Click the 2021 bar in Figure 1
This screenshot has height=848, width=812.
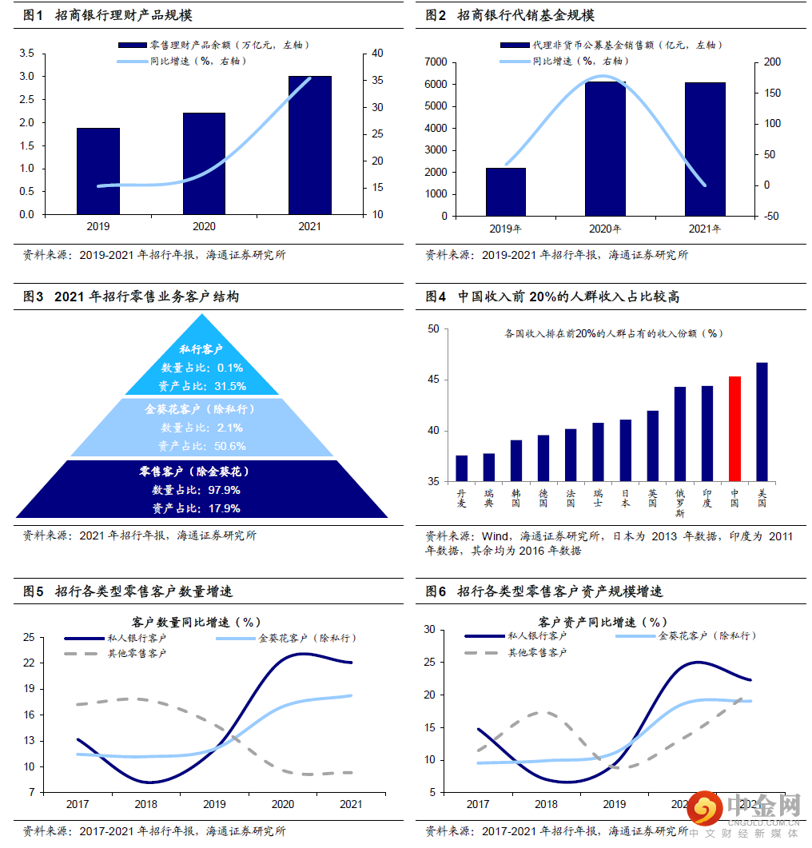(309, 145)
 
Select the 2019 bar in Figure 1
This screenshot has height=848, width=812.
(98, 171)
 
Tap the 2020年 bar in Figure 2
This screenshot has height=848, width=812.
(605, 149)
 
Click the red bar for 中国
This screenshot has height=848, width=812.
(734, 428)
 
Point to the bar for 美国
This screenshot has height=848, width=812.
(762, 422)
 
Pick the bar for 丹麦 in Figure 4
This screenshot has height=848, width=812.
(462, 468)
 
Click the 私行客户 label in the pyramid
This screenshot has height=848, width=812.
(201, 350)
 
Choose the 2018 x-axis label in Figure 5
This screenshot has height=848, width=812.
(145, 804)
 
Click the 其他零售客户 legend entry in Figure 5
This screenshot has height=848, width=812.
(137, 654)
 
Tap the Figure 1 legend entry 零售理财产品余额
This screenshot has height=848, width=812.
(217, 46)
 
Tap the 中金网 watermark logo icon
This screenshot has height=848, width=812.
(705, 810)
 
